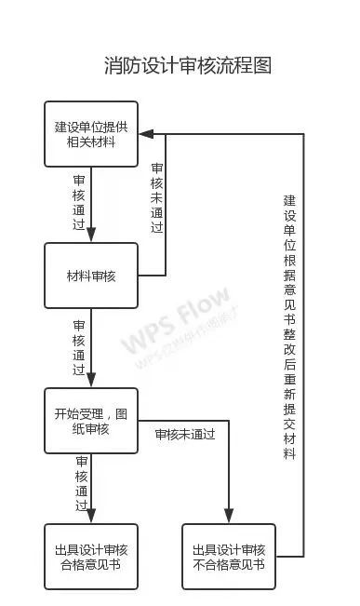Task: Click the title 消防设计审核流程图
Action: click(187, 66)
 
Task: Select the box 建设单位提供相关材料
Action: click(91, 134)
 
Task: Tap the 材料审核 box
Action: click(91, 276)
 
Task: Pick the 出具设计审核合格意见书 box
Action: click(91, 557)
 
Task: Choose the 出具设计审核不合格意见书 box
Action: click(228, 557)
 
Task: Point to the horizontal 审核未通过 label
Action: click(184, 434)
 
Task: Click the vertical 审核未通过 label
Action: click(157, 197)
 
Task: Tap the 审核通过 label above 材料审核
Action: click(80, 204)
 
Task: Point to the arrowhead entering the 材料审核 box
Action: click(91, 237)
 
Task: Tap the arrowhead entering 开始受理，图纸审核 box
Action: click(91, 382)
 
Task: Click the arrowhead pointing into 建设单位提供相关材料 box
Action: click(145, 133)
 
